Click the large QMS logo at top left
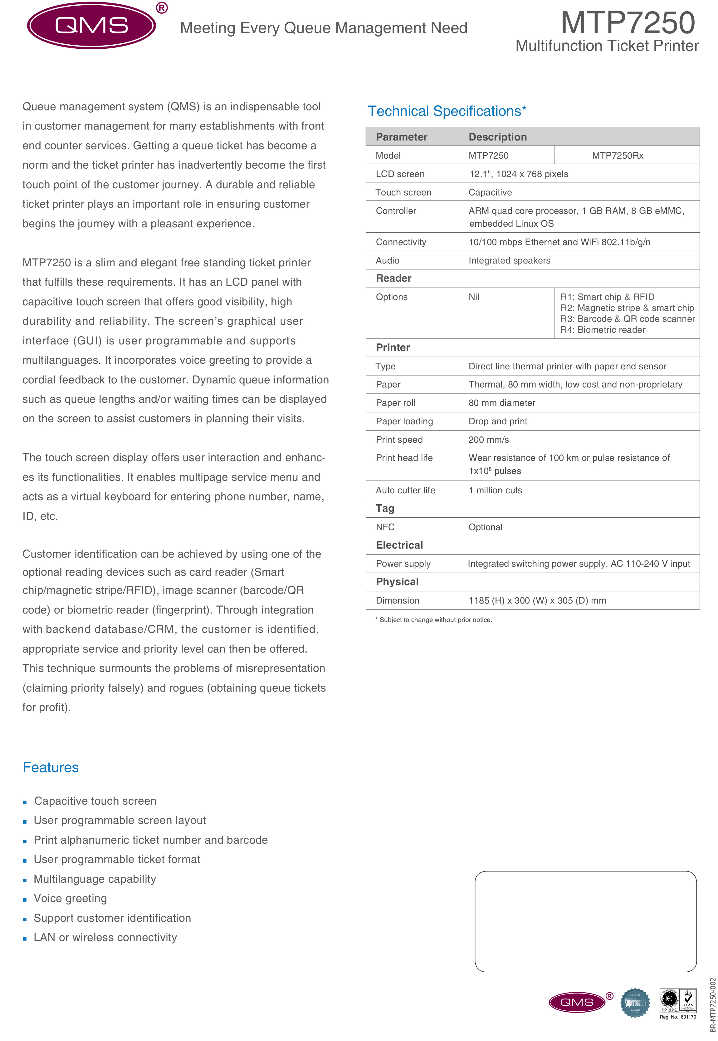click(92, 26)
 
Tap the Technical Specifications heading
click(447, 111)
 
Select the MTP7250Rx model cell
click(617, 156)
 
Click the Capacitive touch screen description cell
click(490, 193)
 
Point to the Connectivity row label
click(401, 242)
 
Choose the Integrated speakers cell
click(509, 261)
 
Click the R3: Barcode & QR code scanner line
click(627, 319)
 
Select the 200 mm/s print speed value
click(489, 440)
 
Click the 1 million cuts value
click(495, 491)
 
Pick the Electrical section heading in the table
click(399, 545)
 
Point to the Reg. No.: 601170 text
click(677, 1017)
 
